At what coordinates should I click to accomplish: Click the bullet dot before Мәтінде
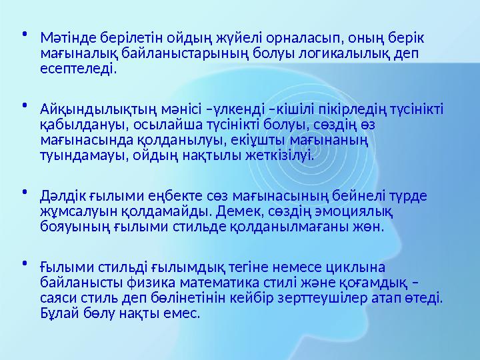point(23,33)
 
